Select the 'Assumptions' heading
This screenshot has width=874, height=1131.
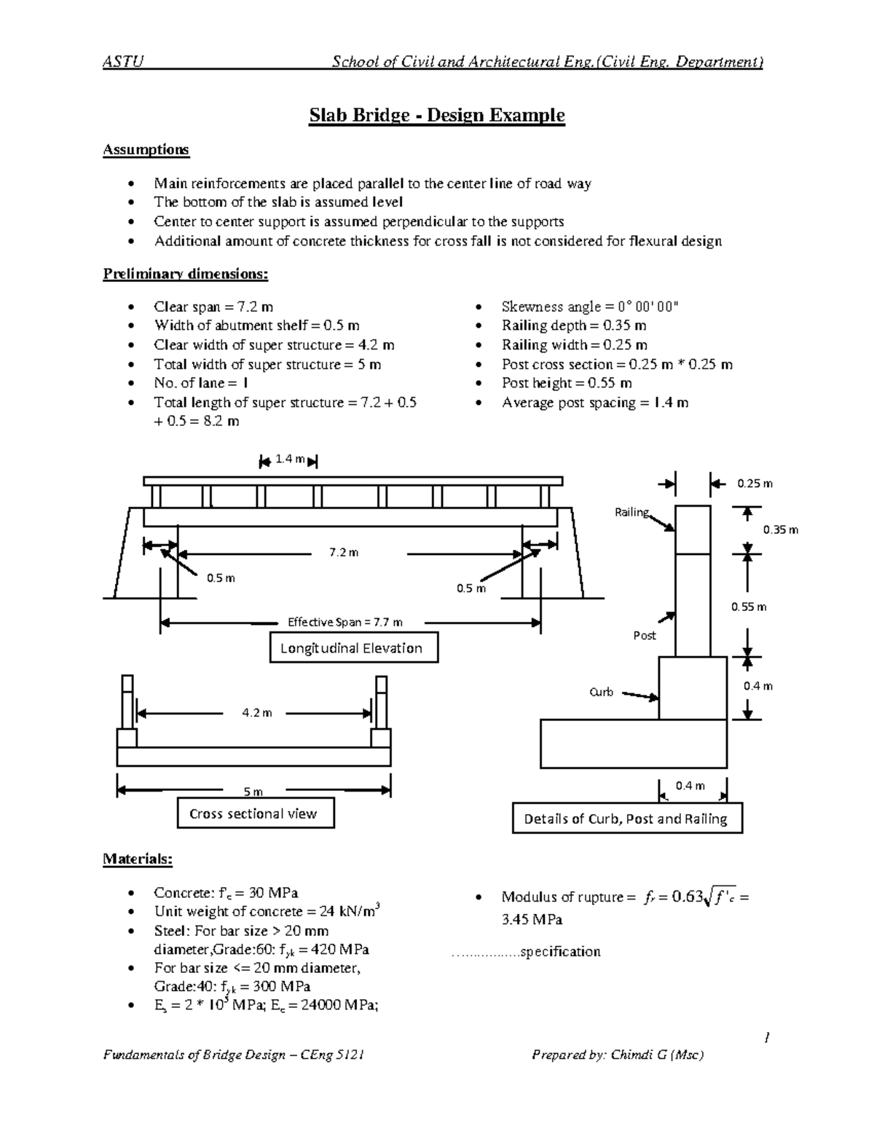click(146, 149)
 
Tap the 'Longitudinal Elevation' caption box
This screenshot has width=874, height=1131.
click(354, 648)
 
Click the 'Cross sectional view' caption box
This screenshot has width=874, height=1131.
click(255, 813)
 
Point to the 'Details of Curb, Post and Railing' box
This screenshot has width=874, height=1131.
click(626, 819)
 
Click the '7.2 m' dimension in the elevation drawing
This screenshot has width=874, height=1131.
click(344, 552)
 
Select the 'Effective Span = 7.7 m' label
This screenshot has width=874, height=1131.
click(345, 622)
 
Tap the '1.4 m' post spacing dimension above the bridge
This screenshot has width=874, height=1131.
click(290, 459)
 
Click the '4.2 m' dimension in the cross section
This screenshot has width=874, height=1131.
click(256, 713)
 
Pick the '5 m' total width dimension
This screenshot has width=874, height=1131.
click(253, 792)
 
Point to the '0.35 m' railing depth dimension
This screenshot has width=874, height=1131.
click(780, 529)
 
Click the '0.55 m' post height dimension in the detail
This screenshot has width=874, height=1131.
click(749, 607)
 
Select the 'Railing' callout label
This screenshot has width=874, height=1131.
click(631, 512)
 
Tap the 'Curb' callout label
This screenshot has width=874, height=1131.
click(601, 692)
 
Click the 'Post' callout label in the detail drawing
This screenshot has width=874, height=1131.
click(644, 635)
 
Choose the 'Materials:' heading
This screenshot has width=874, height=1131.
click(138, 859)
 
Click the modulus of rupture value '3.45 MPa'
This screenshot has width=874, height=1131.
click(532, 919)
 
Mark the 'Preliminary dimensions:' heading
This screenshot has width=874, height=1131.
click(185, 274)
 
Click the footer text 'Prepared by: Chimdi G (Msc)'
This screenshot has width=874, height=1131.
click(618, 1055)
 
